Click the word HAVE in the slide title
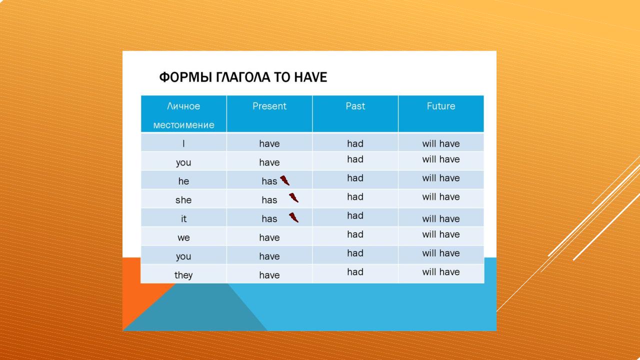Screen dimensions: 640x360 click(x=310, y=77)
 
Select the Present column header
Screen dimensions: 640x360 click(x=269, y=106)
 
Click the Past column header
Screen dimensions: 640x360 click(x=355, y=106)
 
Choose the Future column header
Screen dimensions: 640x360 click(x=441, y=106)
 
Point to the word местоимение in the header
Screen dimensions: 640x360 click(x=183, y=125)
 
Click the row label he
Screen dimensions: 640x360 click(x=183, y=181)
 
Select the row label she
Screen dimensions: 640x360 click(x=183, y=200)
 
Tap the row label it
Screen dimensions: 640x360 click(x=183, y=218)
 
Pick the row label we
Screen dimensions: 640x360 click(x=183, y=237)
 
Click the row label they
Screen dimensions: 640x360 click(x=183, y=275)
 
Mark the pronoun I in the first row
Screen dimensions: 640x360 click(x=183, y=143)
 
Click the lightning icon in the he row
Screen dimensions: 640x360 click(x=285, y=180)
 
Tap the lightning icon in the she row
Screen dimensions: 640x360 click(x=293, y=197)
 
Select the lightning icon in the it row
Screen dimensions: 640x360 click(x=293, y=217)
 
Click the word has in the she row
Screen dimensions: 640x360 click(x=269, y=200)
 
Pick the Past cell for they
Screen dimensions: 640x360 click(x=355, y=271)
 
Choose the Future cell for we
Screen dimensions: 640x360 click(x=441, y=234)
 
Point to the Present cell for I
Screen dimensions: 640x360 click(x=269, y=143)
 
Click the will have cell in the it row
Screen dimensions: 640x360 click(x=441, y=219)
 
